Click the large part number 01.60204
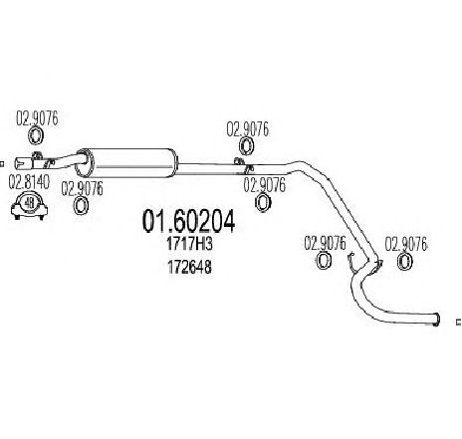pyautogui.click(x=188, y=221)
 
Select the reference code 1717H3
pyautogui.click(x=189, y=245)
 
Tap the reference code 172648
pyautogui.click(x=189, y=267)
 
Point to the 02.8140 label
pyautogui.click(x=29, y=182)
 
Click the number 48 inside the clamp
pyautogui.click(x=29, y=203)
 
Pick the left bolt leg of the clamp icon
pyautogui.click(x=17, y=217)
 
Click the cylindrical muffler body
pyautogui.click(x=131, y=162)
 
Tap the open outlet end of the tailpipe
pyautogui.click(x=437, y=319)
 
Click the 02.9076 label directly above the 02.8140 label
pyautogui.click(x=37, y=118)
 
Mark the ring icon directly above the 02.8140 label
pyautogui.click(x=35, y=136)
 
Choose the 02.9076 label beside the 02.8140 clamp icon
pyautogui.click(x=82, y=188)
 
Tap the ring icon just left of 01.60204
pyautogui.click(x=81, y=206)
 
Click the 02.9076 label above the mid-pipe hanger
pyautogui.click(x=248, y=129)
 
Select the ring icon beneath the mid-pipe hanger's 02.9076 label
pyautogui.click(x=246, y=146)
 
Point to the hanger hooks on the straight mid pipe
pyautogui.click(x=244, y=165)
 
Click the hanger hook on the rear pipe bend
pyautogui.click(x=351, y=261)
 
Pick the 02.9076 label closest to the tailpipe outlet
pyautogui.click(x=406, y=244)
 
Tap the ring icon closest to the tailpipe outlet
pyautogui.click(x=405, y=261)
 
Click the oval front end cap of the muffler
pyautogui.click(x=85, y=163)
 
